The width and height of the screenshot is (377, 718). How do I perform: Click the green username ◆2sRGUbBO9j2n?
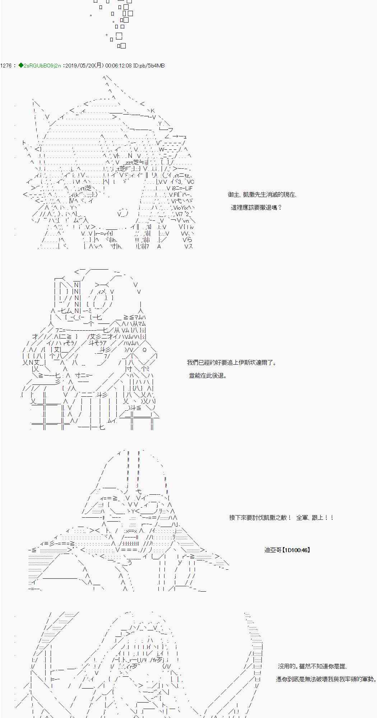[x=39, y=66]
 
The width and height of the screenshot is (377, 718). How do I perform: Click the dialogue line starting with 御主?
[x=262, y=195]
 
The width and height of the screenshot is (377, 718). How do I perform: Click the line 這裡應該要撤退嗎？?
[x=256, y=208]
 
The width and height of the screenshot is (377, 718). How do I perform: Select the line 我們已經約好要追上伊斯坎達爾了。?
[x=232, y=363]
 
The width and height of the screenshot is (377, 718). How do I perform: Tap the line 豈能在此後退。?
[x=208, y=376]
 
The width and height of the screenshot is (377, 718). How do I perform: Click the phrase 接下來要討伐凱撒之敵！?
[x=260, y=518]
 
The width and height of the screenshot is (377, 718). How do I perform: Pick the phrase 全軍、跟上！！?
[x=315, y=518]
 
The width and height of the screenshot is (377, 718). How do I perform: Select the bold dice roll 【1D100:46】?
[x=296, y=550]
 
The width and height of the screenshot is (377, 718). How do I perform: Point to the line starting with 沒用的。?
[x=312, y=666]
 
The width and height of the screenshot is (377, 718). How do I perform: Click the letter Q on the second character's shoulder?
[x=144, y=350]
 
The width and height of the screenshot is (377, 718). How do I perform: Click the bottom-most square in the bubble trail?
[x=121, y=46]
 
